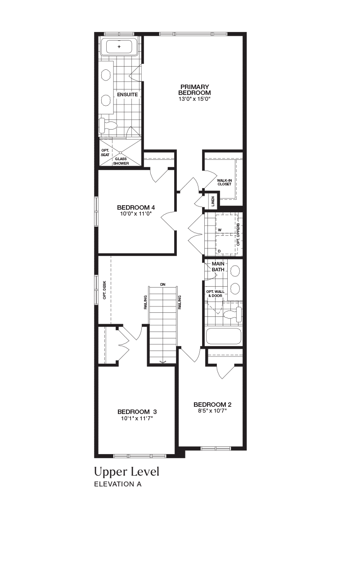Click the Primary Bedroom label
tap(194, 90)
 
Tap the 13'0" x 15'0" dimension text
tap(195, 99)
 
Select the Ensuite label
tap(127, 94)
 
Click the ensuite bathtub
tap(119, 46)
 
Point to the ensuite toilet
tap(108, 126)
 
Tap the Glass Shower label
tap(121, 161)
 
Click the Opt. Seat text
tap(105, 153)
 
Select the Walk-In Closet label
tap(225, 182)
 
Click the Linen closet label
tap(213, 201)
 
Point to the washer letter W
tap(220, 230)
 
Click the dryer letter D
tap(219, 251)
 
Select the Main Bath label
tap(218, 267)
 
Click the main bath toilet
tap(233, 315)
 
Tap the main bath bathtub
tap(224, 337)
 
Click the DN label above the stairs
tap(162, 284)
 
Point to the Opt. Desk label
tap(104, 290)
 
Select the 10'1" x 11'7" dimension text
tap(137, 418)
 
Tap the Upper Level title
tap(127, 472)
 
